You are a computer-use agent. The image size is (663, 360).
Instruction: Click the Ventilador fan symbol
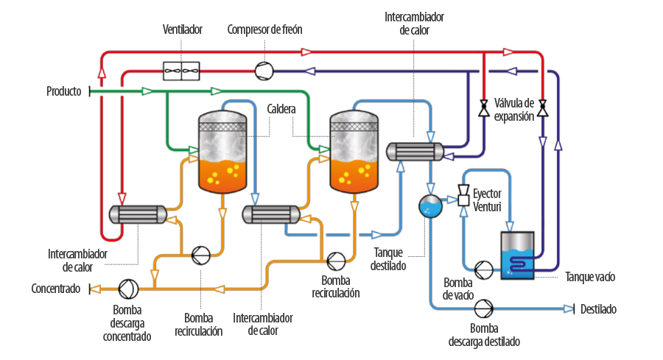(181, 71)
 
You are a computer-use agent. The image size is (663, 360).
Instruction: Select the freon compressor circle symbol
(264, 71)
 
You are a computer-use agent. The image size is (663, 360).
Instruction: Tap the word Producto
(64, 91)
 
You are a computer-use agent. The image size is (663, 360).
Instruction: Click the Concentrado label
(56, 289)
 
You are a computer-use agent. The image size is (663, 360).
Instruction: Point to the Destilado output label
(598, 309)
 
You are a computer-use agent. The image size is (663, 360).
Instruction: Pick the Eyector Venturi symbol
(464, 195)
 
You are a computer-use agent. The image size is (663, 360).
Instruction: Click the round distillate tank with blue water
(430, 206)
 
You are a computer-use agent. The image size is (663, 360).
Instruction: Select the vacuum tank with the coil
(517, 255)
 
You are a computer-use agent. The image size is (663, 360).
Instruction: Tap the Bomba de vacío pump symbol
(483, 269)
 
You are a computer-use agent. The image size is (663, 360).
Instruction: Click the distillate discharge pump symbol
(483, 309)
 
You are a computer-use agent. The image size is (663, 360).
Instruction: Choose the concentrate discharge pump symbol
(128, 289)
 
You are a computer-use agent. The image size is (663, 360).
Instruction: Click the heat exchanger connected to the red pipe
(138, 215)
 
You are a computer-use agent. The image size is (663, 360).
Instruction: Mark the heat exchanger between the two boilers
(271, 215)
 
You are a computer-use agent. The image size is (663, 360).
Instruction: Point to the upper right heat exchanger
(415, 152)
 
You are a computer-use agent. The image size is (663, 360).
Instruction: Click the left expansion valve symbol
(484, 107)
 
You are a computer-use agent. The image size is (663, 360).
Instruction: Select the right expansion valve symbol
(543, 107)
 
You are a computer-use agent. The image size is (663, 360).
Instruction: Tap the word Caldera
(281, 109)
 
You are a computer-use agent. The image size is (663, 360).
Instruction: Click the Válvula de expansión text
(514, 110)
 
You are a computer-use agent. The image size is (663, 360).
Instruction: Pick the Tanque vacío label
(590, 278)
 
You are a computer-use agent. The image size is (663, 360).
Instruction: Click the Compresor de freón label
(264, 29)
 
